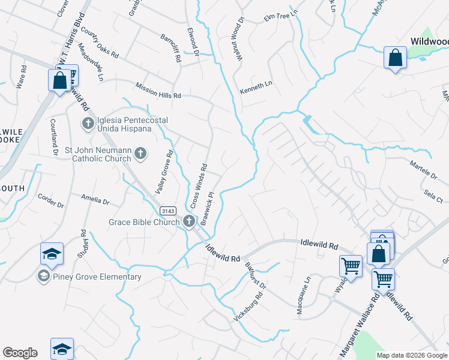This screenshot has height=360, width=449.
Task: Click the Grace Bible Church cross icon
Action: (x=189, y=222)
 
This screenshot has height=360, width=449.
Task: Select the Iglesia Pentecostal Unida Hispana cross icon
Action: (x=88, y=124)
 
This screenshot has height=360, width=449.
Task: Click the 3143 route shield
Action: (x=167, y=211)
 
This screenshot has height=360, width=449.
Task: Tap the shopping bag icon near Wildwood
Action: (x=395, y=59)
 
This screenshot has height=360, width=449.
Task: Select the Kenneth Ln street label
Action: (x=256, y=88)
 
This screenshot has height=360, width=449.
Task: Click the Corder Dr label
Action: (x=50, y=200)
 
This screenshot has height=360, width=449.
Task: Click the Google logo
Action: (x=20, y=353)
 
